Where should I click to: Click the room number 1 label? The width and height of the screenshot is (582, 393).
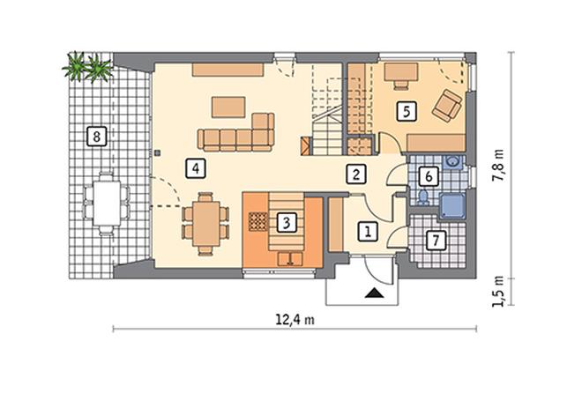pos(368,232)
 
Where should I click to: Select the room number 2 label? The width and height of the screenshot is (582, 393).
pos(356,174)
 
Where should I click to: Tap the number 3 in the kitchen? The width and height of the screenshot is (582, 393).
pos(287,222)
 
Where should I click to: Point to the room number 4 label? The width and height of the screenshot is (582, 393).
pos(196,168)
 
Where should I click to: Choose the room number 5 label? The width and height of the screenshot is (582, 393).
pos(407,111)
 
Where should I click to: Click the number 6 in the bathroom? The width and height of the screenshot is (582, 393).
pos(429,176)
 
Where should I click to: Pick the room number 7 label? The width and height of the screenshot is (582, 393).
pos(436,241)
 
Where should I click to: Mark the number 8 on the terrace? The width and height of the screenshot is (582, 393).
pos(96,137)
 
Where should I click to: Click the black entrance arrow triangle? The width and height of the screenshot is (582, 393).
pos(373,293)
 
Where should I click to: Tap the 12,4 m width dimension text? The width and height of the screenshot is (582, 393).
pos(295,319)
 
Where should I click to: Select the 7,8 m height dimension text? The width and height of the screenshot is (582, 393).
pos(497,166)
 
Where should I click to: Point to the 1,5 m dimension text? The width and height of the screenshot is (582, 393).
pos(497,292)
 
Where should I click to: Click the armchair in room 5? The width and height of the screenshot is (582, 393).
pos(447,105)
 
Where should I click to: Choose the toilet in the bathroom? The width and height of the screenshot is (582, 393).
pos(422,197)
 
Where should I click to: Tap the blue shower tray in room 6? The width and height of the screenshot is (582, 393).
pos(452,206)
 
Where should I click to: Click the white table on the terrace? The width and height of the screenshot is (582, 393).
pos(107,203)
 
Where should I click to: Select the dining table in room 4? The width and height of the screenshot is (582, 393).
pos(205,224)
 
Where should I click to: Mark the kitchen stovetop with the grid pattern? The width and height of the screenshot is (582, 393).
pos(257,222)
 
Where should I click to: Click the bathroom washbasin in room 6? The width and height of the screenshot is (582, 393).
pos(452,162)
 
